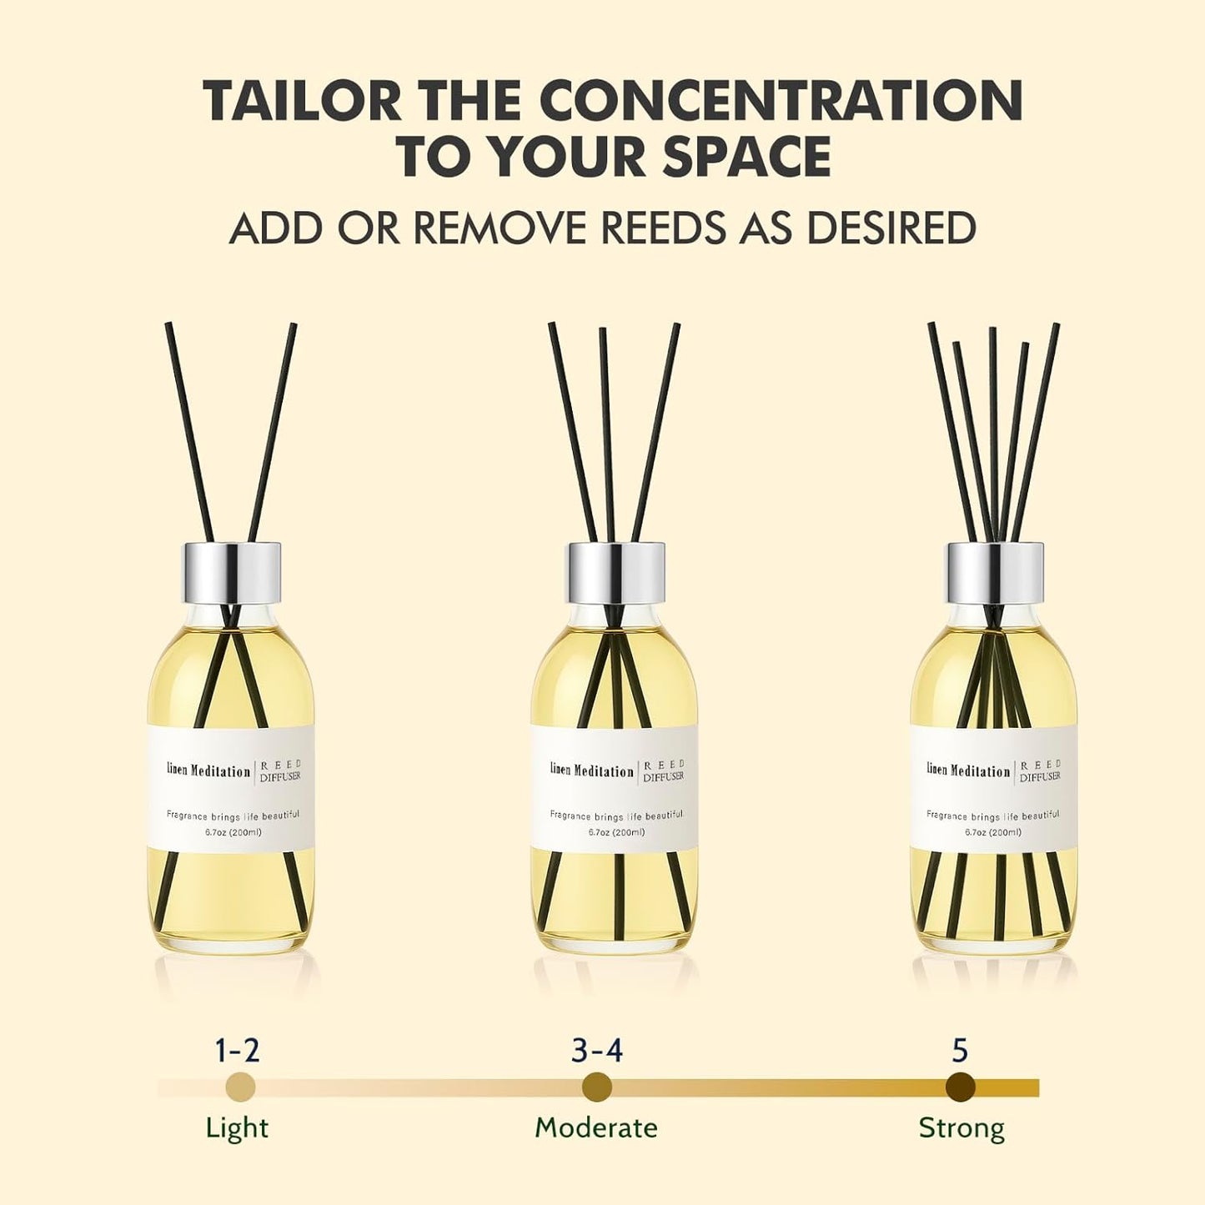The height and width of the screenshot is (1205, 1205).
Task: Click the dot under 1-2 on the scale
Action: click(240, 1087)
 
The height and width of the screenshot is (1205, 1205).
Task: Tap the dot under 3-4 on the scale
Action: click(597, 1087)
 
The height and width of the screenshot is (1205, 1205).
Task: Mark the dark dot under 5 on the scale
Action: click(961, 1087)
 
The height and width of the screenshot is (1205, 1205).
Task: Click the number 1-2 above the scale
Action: click(238, 1050)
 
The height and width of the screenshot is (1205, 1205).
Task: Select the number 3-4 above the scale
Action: click(597, 1050)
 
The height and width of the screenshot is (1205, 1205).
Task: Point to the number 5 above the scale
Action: click(961, 1050)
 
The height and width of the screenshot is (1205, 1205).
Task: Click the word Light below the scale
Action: click(237, 1128)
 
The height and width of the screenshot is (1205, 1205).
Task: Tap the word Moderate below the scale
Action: click(596, 1128)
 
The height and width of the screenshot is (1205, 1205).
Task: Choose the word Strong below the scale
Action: click(961, 1128)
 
